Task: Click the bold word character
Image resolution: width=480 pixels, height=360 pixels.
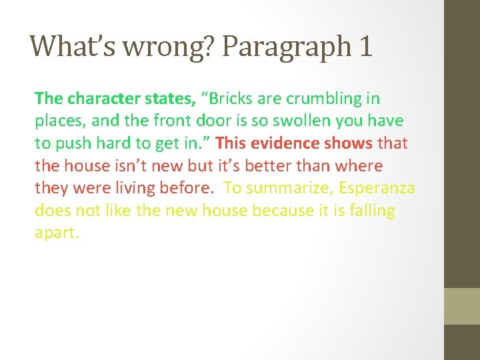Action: [102, 99]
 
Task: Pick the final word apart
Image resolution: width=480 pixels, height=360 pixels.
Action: [57, 234]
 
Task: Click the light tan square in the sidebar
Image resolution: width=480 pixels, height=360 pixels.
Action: [462, 306]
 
